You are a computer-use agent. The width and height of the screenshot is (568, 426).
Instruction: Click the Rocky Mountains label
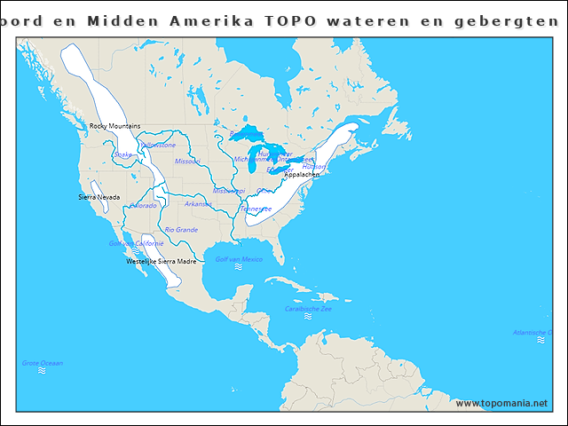tap(114, 126)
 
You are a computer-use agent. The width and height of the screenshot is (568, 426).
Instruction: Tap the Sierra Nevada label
tap(99, 196)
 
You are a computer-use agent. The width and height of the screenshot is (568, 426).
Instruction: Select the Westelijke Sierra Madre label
tap(162, 262)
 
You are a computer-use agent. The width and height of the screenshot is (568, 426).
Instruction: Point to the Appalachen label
tap(302, 175)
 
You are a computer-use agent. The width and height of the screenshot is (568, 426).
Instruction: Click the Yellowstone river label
tap(158, 145)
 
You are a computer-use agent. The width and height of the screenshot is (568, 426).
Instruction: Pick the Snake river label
tap(123, 154)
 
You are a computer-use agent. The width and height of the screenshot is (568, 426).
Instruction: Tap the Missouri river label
tap(187, 162)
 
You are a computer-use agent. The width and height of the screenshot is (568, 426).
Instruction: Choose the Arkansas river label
tap(198, 204)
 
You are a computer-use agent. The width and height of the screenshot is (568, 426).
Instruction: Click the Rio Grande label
tap(181, 230)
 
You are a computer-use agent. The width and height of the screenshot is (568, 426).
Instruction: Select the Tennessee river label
tap(256, 209)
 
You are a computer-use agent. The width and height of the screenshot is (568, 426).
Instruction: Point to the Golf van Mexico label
tap(239, 259)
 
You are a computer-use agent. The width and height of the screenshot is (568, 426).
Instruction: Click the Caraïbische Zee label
tap(308, 309)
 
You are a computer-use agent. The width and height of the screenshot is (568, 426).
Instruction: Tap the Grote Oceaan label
tap(43, 362)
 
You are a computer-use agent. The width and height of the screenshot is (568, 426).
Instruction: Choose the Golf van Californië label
tap(136, 243)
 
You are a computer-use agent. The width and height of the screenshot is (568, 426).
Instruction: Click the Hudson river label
tap(313, 166)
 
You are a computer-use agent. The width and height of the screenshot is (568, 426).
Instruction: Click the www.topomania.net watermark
tap(501, 403)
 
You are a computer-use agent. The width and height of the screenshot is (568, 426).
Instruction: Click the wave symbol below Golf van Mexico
tap(238, 267)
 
